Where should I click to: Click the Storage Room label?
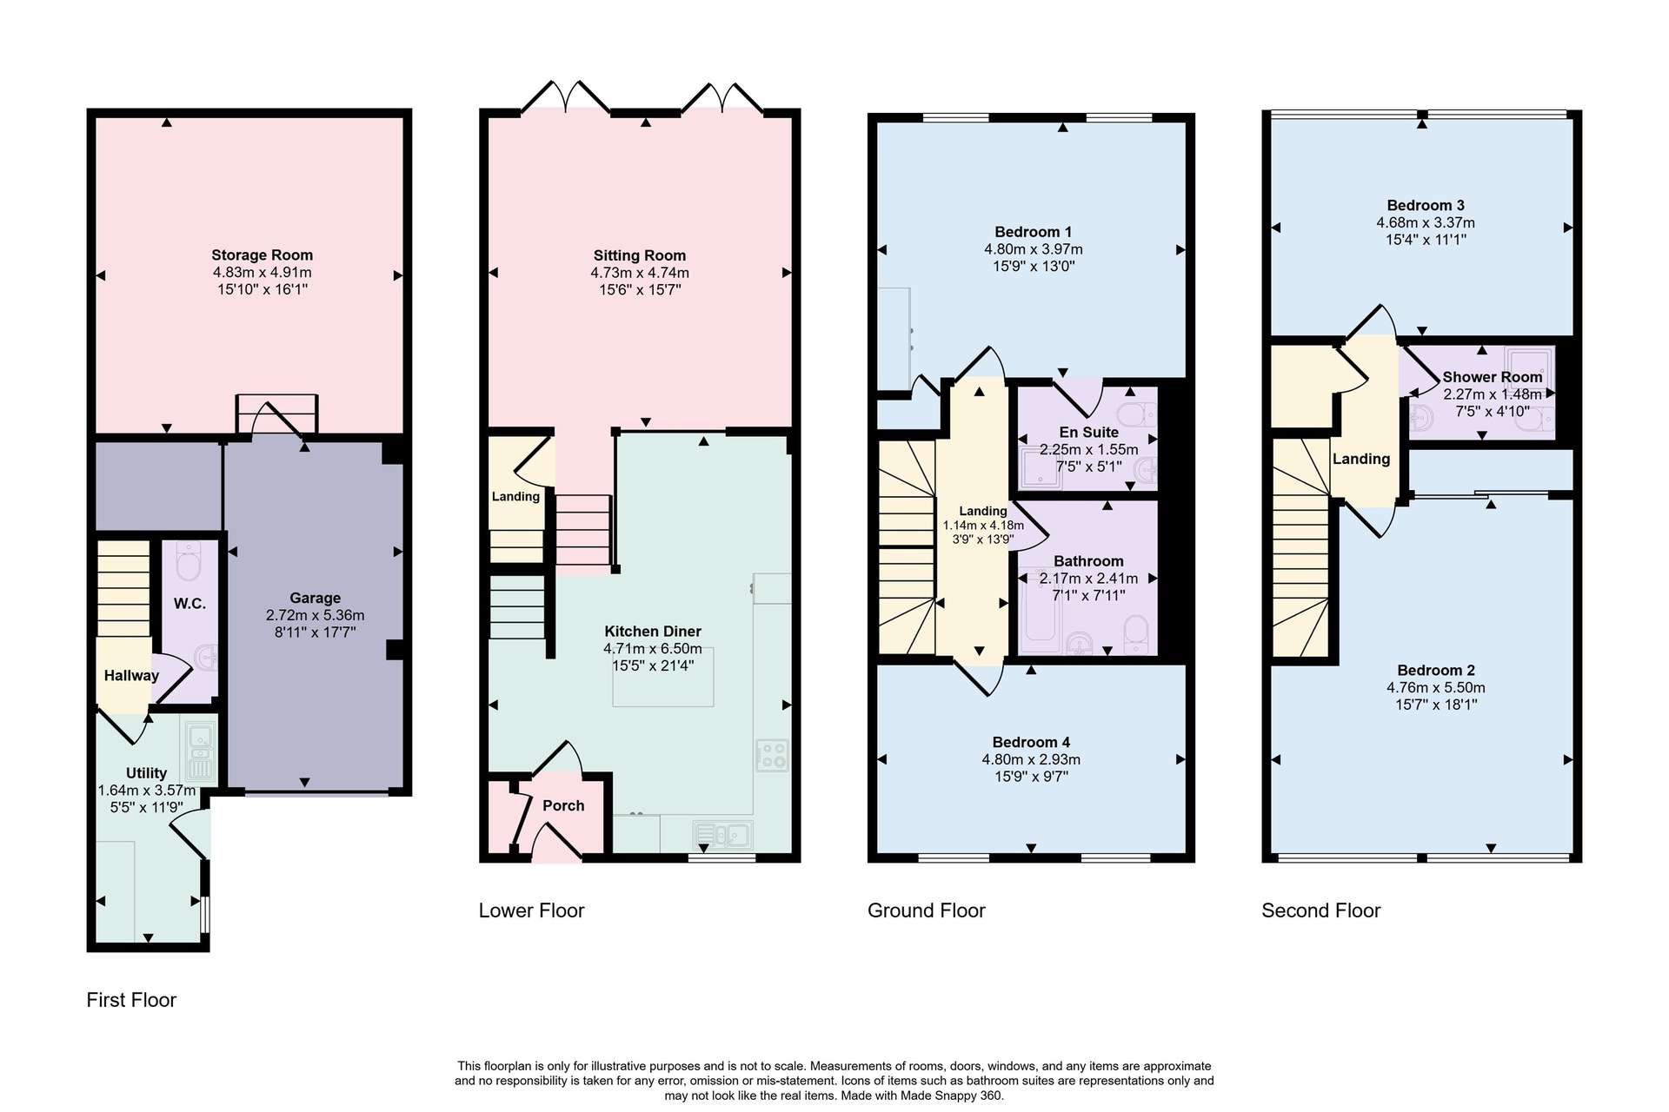[262, 255]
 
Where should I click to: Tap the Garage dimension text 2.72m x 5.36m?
[315, 615]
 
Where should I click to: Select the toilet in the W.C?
[189, 561]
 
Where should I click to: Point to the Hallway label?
[131, 676]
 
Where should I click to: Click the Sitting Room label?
[640, 255]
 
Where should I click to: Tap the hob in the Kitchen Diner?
[772, 755]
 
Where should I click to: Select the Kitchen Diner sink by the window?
[723, 835]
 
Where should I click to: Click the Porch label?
[563, 806]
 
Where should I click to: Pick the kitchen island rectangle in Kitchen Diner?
[663, 677]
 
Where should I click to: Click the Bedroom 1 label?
[1033, 232]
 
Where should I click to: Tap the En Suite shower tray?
[1039, 467]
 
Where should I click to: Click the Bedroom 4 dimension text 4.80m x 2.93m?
[1031, 759]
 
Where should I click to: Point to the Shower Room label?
[1493, 377]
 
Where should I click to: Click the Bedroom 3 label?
[1426, 206]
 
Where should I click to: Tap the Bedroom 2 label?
[1436, 671]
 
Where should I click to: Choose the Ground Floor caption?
[927, 910]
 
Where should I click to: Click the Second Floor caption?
[1321, 910]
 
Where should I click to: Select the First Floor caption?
[131, 1000]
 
